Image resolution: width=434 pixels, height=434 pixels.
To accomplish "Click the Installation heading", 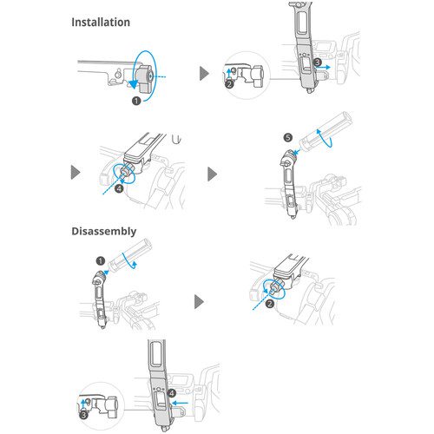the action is point(101,23).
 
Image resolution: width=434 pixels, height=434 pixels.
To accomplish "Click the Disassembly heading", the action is point(104,231).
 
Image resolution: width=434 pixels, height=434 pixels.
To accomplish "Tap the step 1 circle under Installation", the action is point(136,101).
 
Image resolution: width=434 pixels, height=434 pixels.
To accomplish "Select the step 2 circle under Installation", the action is point(229,84).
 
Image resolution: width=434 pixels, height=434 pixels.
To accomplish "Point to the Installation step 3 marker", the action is point(318,62).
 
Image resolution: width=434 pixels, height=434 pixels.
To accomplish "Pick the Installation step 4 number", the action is point(119,188).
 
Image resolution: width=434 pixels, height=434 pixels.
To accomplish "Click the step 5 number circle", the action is point(288,137).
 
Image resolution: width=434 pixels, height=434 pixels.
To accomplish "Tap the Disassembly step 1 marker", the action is point(101,261).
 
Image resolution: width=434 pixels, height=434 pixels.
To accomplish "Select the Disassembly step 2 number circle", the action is point(270,304).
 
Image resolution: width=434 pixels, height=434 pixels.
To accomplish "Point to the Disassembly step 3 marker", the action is point(83,415).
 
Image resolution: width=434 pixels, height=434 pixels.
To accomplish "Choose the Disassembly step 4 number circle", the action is point(172,393).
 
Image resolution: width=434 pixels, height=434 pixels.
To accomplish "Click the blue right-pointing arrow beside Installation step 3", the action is point(323,67).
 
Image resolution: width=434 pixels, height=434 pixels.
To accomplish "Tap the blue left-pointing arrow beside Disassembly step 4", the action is point(180,403).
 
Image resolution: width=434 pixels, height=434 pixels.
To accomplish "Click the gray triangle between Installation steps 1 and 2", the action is point(204,74).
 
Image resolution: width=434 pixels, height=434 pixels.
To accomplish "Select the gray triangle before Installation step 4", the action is point(75,173).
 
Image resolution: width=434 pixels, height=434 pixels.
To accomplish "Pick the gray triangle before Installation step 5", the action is point(212,174).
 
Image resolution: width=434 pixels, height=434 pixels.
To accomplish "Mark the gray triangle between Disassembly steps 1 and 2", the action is point(199,302).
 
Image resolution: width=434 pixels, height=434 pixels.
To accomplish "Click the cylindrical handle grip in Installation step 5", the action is point(325,131).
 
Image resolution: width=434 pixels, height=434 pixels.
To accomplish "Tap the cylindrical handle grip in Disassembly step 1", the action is point(129,253).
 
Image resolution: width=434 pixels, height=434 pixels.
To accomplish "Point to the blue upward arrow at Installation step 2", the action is point(229,74).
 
